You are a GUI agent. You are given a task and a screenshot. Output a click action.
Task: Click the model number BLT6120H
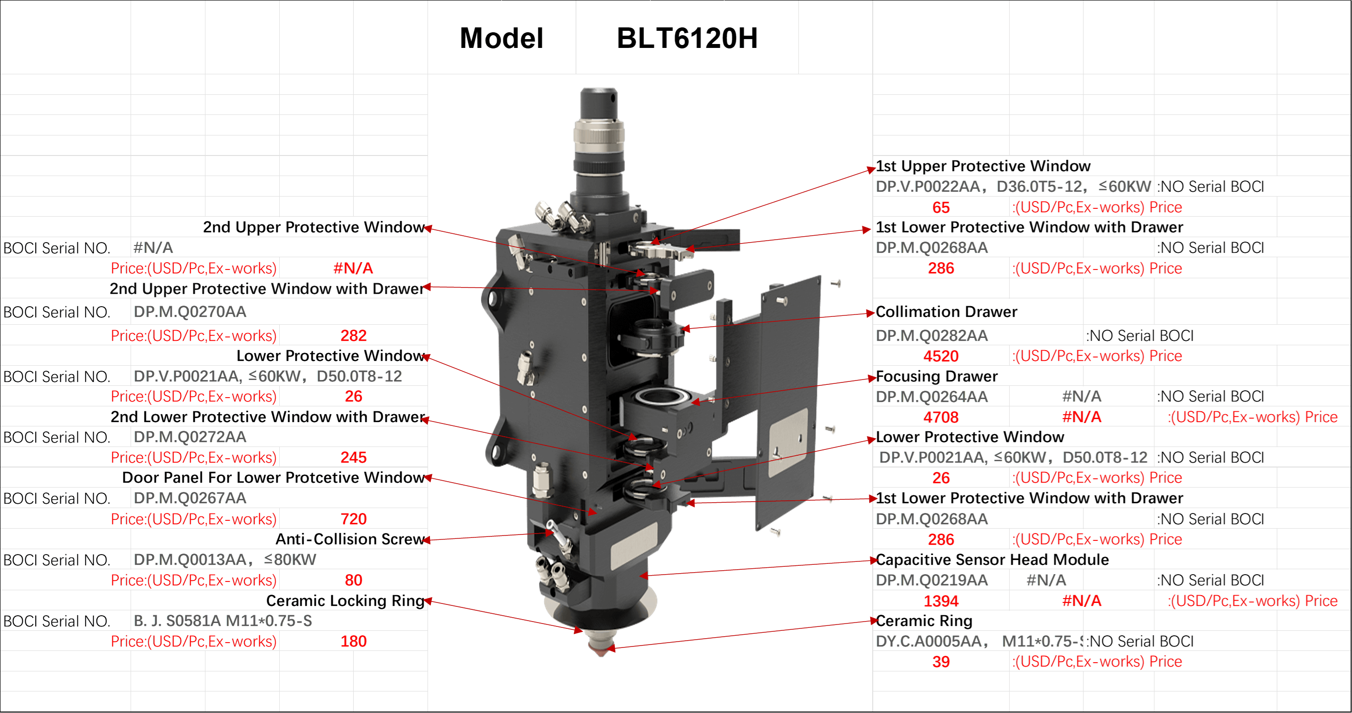click(x=687, y=38)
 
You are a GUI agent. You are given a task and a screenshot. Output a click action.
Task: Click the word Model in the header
click(x=501, y=38)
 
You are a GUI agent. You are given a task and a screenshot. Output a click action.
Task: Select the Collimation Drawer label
click(x=946, y=312)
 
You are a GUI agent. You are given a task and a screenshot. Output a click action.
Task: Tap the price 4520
click(x=941, y=356)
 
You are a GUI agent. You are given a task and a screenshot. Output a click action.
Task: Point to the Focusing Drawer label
click(x=936, y=376)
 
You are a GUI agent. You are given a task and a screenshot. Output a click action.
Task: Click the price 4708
click(x=941, y=417)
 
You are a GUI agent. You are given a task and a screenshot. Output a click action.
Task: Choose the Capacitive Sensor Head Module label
click(x=992, y=560)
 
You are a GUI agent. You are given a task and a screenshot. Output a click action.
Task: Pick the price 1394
click(x=941, y=601)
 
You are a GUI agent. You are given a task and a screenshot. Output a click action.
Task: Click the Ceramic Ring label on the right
click(x=924, y=621)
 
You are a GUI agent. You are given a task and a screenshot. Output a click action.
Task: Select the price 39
click(x=941, y=662)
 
